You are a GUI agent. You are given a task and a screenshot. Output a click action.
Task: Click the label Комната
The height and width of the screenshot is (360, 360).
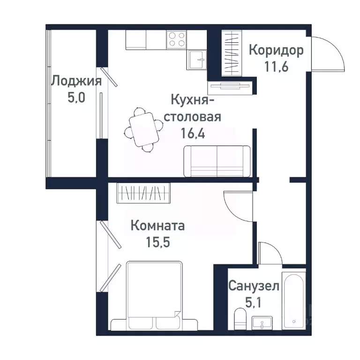pyautogui.click(x=157, y=226)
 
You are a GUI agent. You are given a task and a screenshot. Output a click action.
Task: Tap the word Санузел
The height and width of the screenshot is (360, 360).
pyautogui.click(x=254, y=285)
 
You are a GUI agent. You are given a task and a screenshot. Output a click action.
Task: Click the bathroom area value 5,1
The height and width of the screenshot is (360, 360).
pyautogui.click(x=254, y=302)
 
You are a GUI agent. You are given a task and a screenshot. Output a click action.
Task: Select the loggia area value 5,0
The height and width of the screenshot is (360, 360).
pyautogui.click(x=76, y=97)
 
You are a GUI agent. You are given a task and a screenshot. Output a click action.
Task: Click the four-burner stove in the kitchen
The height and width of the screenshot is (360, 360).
pyautogui.click(x=176, y=39)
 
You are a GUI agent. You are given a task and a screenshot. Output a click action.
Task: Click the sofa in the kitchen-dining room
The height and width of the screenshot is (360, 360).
pyautogui.click(x=217, y=161)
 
